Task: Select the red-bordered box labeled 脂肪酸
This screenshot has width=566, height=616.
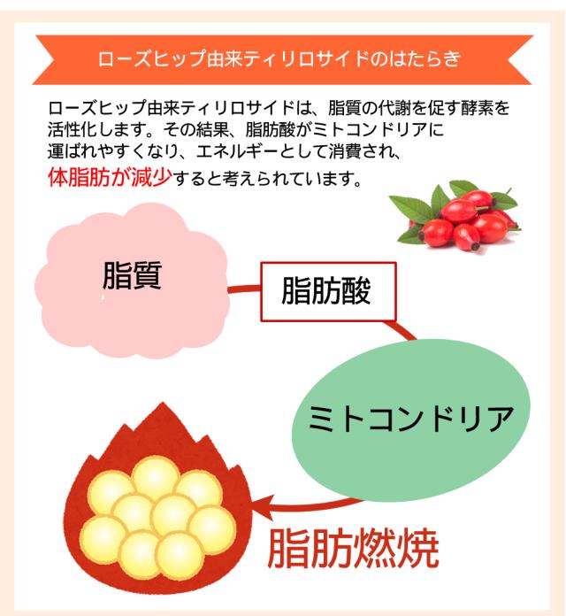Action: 327,290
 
